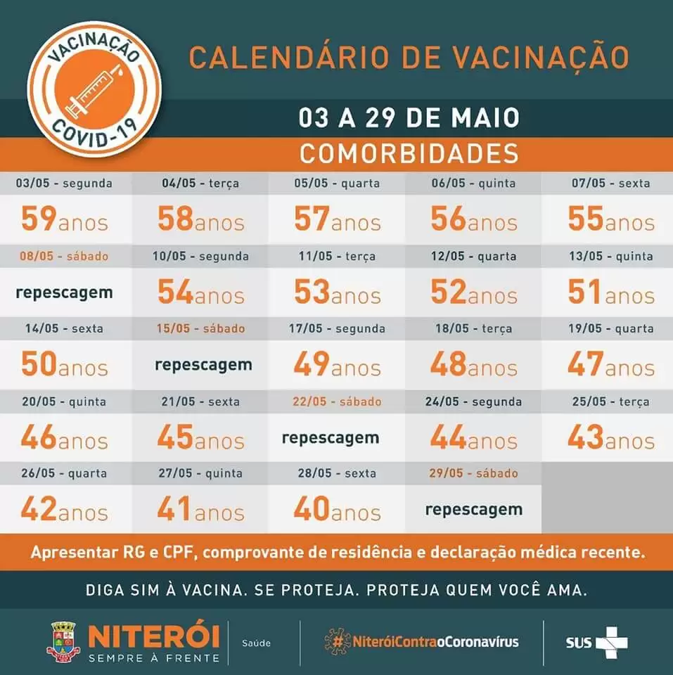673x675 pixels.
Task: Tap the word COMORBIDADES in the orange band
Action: pos(409,154)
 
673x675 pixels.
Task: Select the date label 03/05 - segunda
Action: pos(64,183)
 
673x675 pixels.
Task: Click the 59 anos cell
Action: pos(65,219)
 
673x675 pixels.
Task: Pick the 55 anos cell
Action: pos(611,219)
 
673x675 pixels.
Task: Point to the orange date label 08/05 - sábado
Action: pos(64,256)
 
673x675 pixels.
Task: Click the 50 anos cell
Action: pos(65,364)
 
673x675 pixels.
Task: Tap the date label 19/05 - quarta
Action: pos(611,328)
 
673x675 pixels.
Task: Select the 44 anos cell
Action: pos(474,437)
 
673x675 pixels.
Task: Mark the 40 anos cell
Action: pos(337,509)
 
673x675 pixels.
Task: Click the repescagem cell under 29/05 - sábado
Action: pos(474,510)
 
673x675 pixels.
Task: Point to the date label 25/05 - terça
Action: pos(611,401)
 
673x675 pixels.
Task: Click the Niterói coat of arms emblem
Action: pos(63,641)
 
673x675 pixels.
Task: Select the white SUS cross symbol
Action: pos(612,642)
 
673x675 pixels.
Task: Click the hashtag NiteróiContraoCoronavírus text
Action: pos(422,642)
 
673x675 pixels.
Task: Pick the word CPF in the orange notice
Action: pos(179,553)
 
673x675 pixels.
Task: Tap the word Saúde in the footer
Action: pos(256,643)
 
